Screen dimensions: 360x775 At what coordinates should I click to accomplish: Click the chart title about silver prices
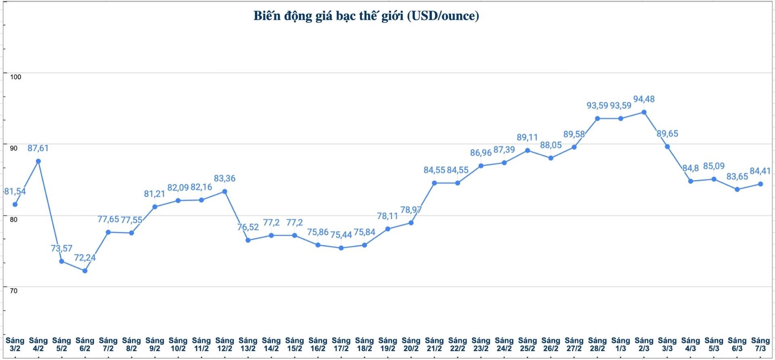(366, 16)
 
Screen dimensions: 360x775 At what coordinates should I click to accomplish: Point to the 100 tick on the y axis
(15, 77)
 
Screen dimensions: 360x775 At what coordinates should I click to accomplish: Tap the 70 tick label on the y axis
(14, 291)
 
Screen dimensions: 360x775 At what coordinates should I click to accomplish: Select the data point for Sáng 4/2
(38, 161)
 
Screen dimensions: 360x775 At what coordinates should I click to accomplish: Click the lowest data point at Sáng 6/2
(85, 271)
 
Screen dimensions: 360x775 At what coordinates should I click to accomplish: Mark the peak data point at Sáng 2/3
(644, 112)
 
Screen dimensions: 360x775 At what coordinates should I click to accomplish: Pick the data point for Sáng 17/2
(341, 248)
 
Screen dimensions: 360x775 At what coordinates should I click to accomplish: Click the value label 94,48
(644, 99)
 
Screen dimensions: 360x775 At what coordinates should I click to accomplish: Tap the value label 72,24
(85, 257)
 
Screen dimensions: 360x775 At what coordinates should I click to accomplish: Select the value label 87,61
(38, 148)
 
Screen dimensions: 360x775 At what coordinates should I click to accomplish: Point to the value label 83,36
(225, 178)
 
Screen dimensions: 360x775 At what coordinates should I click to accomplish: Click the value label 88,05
(551, 145)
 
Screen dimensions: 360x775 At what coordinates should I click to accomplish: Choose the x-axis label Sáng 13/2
(248, 344)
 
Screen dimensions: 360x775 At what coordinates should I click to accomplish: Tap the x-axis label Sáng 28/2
(597, 344)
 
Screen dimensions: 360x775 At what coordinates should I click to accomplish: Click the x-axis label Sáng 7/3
(760, 344)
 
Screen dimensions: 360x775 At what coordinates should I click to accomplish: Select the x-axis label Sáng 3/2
(15, 344)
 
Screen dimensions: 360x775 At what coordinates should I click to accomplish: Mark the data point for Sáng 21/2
(435, 183)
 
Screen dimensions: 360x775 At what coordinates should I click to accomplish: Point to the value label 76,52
(248, 227)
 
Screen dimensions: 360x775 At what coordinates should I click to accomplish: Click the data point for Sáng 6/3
(737, 189)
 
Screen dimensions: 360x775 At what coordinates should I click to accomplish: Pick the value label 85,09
(714, 166)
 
